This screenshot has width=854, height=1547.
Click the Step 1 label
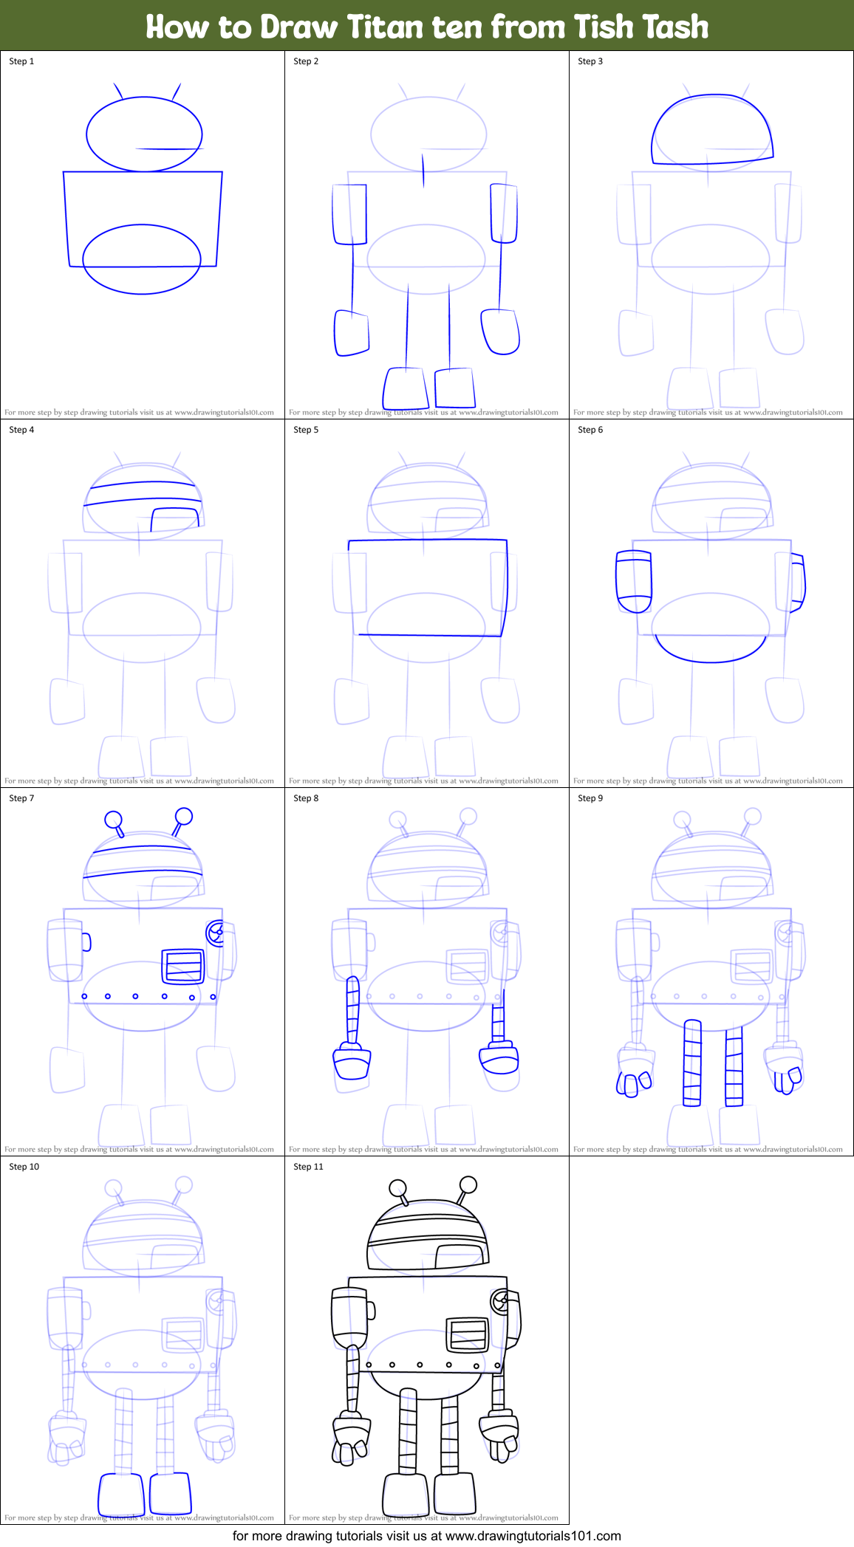click(21, 61)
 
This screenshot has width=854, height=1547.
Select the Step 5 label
click(306, 430)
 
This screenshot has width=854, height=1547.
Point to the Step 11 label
click(308, 1167)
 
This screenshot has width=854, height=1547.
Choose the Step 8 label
click(306, 798)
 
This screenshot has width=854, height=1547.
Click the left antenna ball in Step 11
click(397, 1187)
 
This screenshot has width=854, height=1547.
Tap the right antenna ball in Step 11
click(468, 1184)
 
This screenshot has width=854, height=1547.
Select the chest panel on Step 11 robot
click(468, 1334)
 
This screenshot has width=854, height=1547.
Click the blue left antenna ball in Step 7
click(113, 819)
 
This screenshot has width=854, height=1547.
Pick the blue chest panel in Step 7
click(183, 966)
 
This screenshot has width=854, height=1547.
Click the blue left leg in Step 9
click(692, 1063)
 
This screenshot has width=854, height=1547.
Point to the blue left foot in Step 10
click(121, 1493)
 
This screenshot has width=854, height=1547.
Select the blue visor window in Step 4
click(175, 518)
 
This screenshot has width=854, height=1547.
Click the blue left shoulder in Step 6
click(634, 581)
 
